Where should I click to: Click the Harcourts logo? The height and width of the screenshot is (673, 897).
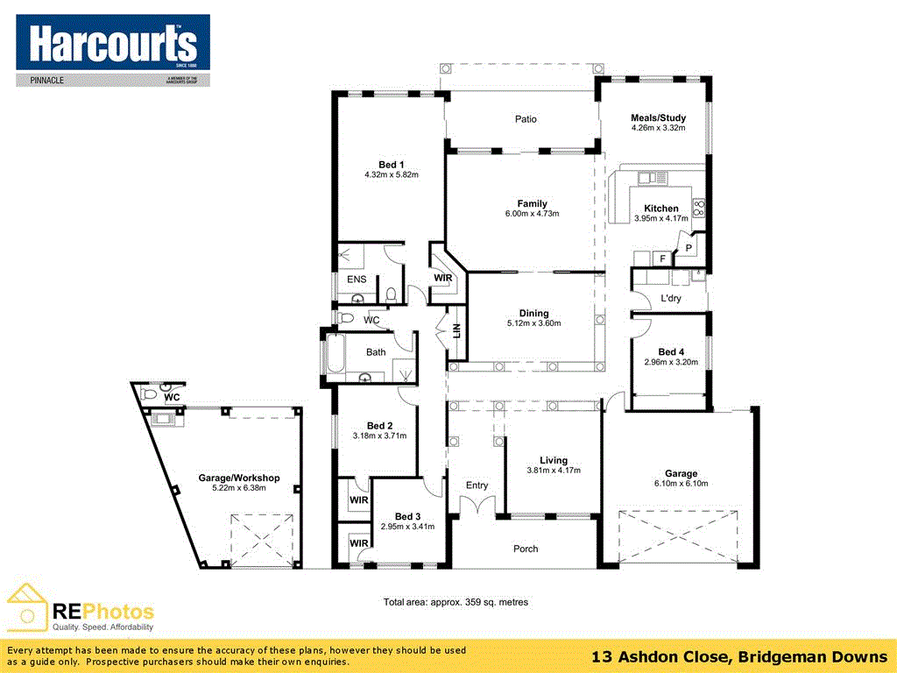(113, 50)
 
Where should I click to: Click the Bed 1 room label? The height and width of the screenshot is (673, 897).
(392, 165)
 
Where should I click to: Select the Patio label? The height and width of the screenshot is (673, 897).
(526, 119)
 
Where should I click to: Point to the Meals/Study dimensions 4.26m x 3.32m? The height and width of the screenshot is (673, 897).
(658, 128)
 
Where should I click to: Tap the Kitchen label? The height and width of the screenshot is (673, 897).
(660, 209)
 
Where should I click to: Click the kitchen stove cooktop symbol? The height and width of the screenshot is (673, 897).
(699, 208)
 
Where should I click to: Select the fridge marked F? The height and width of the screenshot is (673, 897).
(662, 259)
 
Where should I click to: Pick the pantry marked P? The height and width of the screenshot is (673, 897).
(689, 248)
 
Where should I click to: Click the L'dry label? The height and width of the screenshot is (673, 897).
(670, 299)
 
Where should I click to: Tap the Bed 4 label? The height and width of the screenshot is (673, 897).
(671, 351)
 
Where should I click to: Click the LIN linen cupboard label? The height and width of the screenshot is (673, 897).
(456, 331)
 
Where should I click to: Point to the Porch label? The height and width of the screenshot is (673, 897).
(526, 549)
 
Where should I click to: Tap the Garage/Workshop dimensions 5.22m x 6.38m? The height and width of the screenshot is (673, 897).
(238, 488)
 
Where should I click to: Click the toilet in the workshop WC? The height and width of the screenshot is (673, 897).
(148, 395)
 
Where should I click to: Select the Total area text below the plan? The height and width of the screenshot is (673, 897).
(456, 603)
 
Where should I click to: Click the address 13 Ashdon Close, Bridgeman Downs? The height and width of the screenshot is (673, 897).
(739, 656)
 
